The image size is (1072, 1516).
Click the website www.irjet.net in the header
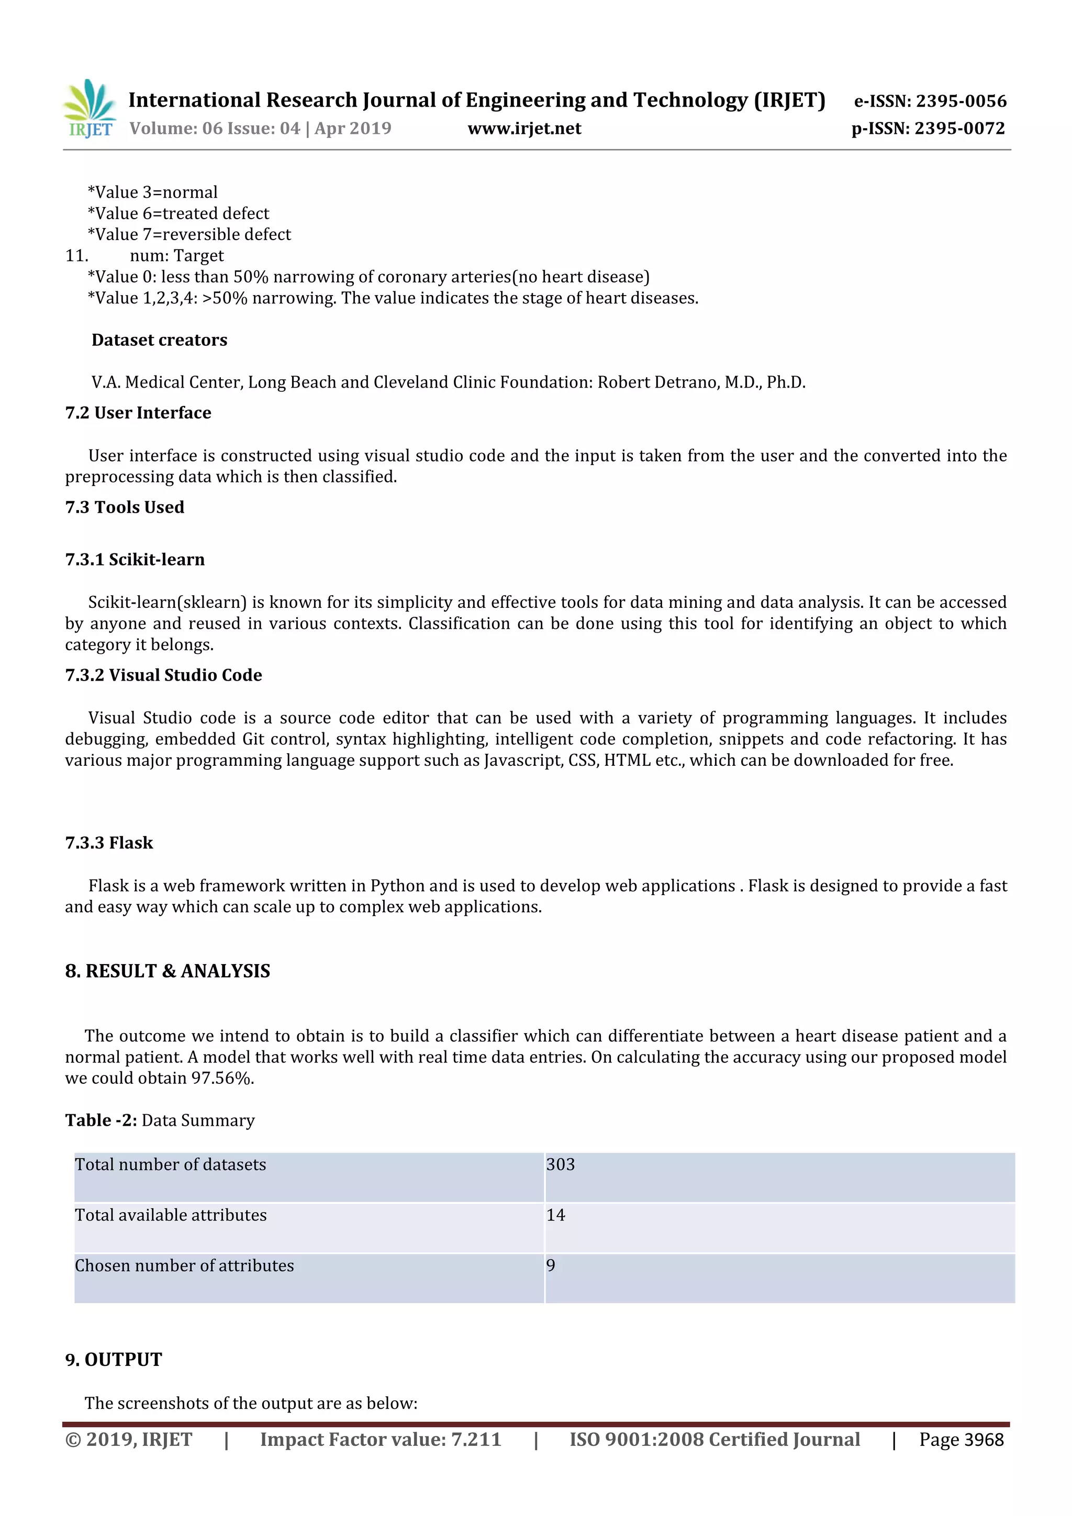524,128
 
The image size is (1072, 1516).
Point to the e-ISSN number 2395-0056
961,101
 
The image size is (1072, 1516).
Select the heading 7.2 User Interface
138,413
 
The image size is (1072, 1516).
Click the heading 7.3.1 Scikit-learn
135,559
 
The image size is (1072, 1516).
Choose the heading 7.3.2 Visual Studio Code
163,675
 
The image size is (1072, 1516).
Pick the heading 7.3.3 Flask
109,843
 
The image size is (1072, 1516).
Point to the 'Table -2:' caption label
100,1121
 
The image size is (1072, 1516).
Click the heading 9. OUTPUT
113,1360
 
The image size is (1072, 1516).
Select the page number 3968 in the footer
984,1440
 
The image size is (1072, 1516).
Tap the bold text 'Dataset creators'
159,340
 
